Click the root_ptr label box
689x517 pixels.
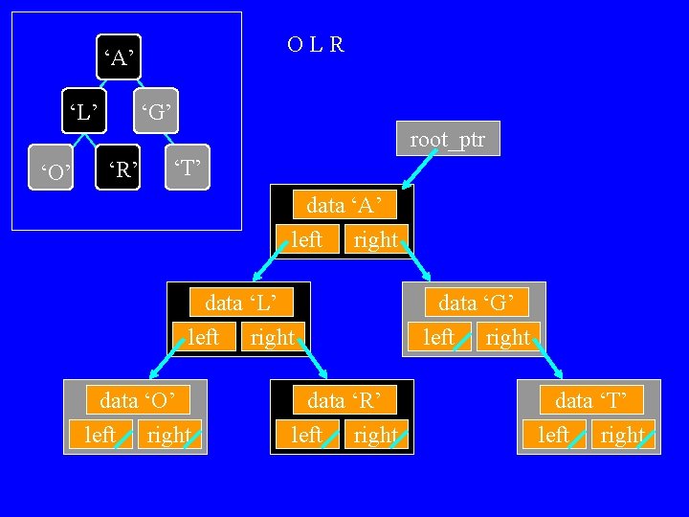[448, 140]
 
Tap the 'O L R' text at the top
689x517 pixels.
[315, 45]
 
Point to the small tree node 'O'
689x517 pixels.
[54, 172]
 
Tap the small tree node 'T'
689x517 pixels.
[187, 170]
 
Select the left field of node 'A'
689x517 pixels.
[306, 238]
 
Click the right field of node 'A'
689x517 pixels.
[376, 238]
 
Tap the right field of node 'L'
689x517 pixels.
[273, 337]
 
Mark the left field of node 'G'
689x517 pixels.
[439, 337]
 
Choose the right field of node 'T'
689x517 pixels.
[623, 435]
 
